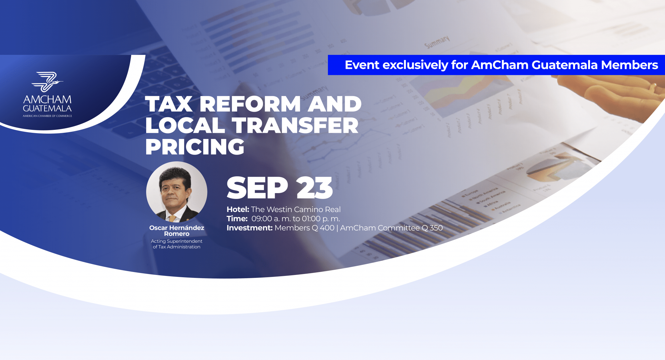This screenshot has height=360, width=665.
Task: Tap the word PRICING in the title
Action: pos(195,147)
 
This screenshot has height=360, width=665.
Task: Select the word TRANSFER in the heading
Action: pos(295,125)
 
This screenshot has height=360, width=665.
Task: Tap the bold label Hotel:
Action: pos(238,209)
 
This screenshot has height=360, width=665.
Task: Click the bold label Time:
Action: pos(237,219)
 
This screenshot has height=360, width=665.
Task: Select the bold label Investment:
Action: pos(249,228)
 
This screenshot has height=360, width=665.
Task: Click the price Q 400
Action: pos(323,228)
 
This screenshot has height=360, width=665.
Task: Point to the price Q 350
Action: pos(432,228)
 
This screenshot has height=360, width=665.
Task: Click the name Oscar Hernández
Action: pos(177,228)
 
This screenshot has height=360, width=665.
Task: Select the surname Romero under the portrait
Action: pos(177,234)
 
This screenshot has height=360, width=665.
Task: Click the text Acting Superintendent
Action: pos(177,241)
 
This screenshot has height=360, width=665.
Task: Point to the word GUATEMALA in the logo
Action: pos(47,108)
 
